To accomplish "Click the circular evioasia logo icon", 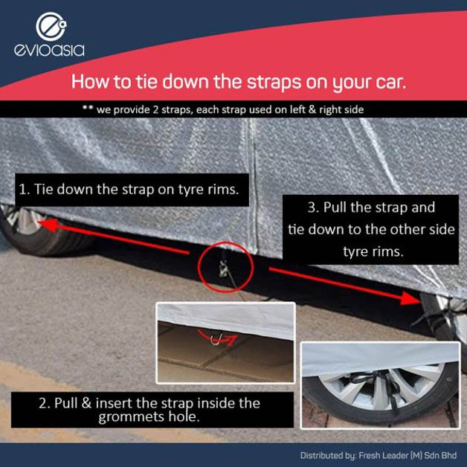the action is click(51, 27).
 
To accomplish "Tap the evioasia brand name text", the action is click(49, 51).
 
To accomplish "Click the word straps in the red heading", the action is click(274, 82).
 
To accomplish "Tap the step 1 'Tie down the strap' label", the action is click(132, 190).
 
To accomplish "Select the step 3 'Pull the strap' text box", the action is click(370, 229).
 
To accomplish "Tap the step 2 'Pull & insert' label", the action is click(152, 410).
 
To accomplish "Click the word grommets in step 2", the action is click(132, 417).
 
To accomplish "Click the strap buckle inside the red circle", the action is click(223, 268).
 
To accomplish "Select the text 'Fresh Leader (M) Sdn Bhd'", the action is click(408, 455).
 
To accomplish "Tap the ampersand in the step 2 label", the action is click(86, 403).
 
